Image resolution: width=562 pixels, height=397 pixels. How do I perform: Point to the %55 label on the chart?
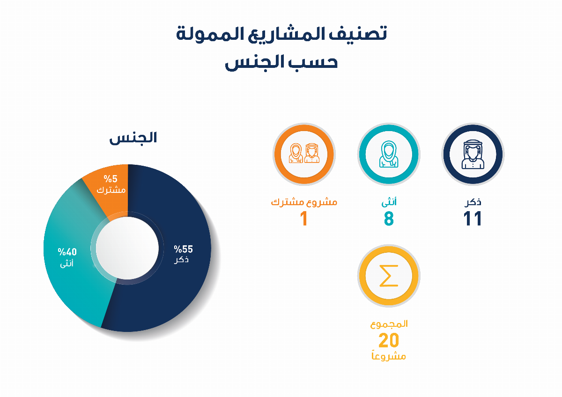183,249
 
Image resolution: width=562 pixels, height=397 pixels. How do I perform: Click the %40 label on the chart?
67,252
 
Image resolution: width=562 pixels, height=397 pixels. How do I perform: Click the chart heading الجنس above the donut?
133,138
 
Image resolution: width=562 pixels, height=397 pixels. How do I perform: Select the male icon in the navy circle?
473,154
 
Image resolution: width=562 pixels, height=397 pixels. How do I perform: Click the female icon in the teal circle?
389,154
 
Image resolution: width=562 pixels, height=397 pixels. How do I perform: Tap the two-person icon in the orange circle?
304,154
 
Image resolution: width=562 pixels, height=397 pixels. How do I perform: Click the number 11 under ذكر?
473,219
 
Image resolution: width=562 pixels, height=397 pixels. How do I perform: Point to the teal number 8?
389,219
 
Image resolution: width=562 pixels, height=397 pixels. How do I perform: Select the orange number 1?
304,219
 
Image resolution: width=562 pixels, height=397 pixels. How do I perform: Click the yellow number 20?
389,340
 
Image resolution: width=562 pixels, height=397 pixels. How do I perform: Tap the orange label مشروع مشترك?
304,202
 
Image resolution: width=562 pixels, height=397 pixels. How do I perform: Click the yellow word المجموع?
389,323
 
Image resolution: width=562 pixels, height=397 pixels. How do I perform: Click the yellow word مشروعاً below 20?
388,356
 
